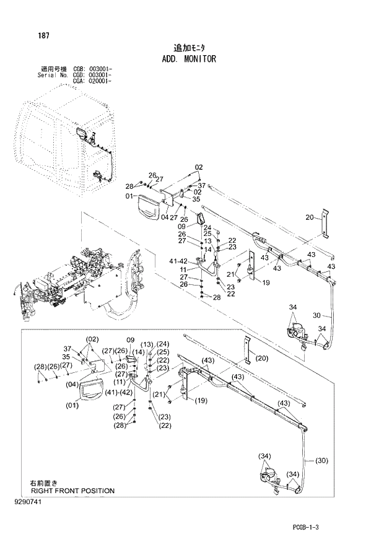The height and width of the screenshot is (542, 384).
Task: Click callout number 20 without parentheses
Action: [x=310, y=217]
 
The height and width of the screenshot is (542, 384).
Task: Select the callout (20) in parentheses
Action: [x=262, y=358]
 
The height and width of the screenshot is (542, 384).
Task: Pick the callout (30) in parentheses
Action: [x=321, y=461]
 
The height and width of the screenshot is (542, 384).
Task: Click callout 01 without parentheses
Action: [x=129, y=196]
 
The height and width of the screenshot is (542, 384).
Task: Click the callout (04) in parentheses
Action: [x=55, y=383]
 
